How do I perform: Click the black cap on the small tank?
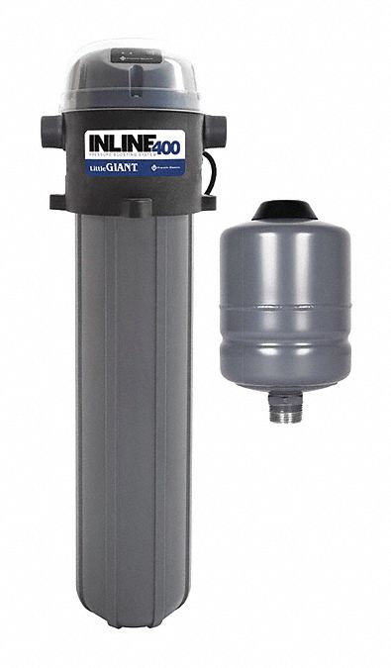(283, 209)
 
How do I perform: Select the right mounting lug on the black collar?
(208, 201)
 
